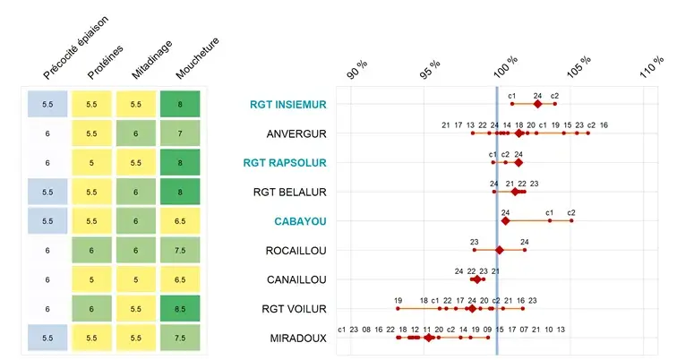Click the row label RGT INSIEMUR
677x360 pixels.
[x=288, y=105]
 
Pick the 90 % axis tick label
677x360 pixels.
[x=358, y=69]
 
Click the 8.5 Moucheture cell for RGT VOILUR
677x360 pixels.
[x=182, y=308]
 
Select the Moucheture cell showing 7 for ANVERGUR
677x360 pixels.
[x=182, y=133]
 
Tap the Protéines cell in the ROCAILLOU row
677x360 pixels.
[x=92, y=251]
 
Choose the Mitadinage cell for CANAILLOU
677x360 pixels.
[x=137, y=279]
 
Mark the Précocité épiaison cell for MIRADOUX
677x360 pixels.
[x=48, y=338]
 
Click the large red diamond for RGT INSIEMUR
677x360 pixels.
[x=537, y=105]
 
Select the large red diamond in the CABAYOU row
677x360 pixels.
[x=505, y=220]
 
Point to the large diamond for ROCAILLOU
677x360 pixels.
[x=500, y=250]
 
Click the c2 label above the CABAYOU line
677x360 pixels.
[x=570, y=212]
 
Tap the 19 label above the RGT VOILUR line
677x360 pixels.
[x=398, y=300]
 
